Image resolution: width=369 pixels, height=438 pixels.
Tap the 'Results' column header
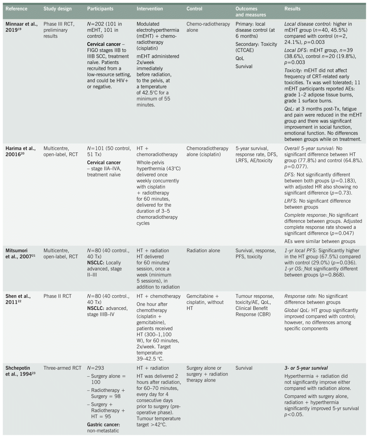tap(293, 9)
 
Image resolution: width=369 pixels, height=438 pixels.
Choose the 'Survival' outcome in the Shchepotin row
tap(244, 368)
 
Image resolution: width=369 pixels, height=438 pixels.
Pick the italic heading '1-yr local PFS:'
tap(301, 251)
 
